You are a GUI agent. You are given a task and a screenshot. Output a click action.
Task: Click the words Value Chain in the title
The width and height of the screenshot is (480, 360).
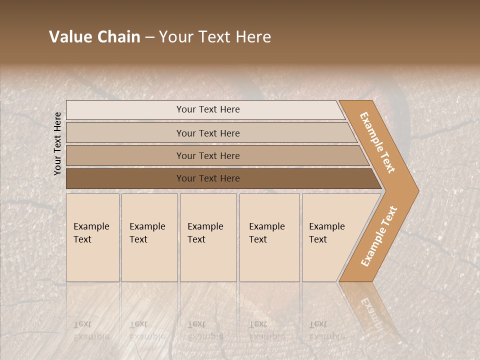(x=94, y=37)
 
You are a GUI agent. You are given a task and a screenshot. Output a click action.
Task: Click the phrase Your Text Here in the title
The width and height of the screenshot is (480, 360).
(x=215, y=37)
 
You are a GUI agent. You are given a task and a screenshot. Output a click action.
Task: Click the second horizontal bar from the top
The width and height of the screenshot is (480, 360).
(x=208, y=133)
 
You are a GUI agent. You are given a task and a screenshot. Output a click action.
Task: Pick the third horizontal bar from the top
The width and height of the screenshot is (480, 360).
(x=208, y=155)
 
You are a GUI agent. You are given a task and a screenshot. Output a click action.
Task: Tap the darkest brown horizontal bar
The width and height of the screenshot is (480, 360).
(x=208, y=178)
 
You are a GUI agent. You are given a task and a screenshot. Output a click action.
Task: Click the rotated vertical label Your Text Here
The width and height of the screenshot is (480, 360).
(x=57, y=143)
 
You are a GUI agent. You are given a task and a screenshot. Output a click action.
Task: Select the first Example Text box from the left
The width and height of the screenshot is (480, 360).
(x=92, y=237)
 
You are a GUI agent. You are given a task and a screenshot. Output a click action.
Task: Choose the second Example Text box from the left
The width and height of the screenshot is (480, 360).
(x=149, y=237)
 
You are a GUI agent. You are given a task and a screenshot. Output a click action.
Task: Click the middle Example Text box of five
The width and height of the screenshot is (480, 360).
(x=208, y=237)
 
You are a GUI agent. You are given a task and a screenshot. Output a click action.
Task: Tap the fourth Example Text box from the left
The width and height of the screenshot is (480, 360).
(x=269, y=237)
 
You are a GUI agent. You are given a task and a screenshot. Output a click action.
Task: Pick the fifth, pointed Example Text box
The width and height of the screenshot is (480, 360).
(x=330, y=237)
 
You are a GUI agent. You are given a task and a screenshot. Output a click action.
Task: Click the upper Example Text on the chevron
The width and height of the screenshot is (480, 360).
(x=377, y=142)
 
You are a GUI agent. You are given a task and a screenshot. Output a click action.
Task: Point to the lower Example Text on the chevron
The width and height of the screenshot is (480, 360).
(x=379, y=236)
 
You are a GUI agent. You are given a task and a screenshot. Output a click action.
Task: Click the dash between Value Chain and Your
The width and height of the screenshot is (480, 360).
(x=149, y=37)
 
